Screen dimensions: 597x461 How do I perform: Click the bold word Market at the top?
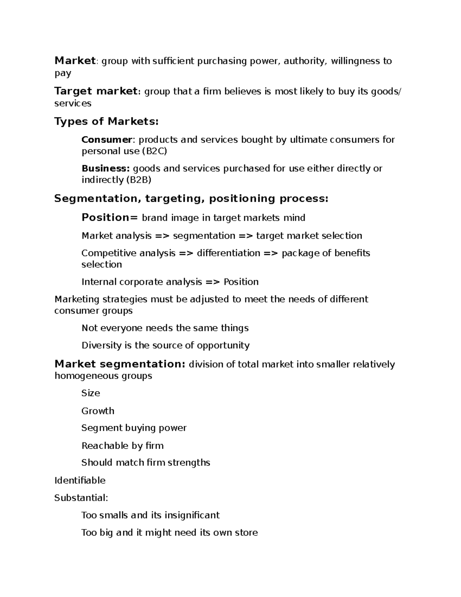[x=75, y=61]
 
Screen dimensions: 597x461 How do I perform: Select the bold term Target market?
[x=96, y=91]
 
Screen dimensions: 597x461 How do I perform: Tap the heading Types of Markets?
[x=106, y=121]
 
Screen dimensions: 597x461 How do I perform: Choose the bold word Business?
[x=106, y=168]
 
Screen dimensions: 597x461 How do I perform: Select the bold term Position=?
[x=109, y=218]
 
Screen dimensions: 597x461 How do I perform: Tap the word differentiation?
[x=229, y=253]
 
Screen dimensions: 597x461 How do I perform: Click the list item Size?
[x=91, y=393]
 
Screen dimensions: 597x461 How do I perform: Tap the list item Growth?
[x=98, y=411]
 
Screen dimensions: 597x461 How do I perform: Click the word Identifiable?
[x=80, y=481]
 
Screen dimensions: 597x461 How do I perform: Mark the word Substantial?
[x=81, y=498]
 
